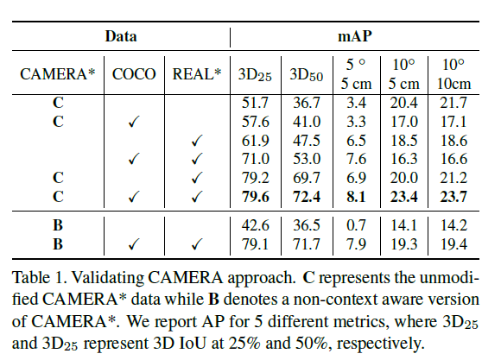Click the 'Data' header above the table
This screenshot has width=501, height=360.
pyautogui.click(x=121, y=36)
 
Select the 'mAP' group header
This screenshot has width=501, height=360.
pyautogui.click(x=359, y=36)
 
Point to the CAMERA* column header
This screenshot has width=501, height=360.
pyautogui.click(x=58, y=74)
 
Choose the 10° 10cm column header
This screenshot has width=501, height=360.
pyautogui.click(x=453, y=74)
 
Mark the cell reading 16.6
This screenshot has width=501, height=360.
pyautogui.click(x=453, y=158)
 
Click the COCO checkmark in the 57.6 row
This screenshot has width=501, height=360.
pyautogui.click(x=133, y=122)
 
